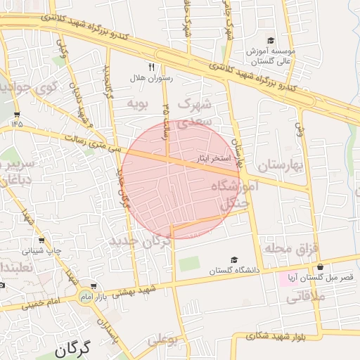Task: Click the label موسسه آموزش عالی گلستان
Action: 271,56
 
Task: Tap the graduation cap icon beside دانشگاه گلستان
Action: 233,260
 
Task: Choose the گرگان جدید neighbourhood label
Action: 140,241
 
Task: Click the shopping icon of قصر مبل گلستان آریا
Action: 321,267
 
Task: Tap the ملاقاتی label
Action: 304,297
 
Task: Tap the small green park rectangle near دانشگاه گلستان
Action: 188,264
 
